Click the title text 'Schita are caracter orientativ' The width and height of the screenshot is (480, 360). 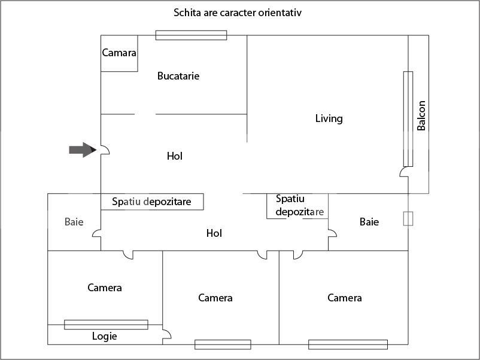237,12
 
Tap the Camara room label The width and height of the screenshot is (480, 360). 119,53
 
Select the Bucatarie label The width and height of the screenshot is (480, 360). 178,76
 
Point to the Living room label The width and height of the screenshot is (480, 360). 329,118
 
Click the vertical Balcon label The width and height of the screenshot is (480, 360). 421,115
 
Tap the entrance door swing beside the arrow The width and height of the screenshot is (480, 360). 105,150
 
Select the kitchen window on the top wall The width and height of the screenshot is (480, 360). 191,35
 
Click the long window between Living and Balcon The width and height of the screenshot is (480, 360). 408,119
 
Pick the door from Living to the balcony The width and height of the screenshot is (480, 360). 404,173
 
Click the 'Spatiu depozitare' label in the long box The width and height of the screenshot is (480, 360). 151,202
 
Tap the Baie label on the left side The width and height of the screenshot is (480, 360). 74,222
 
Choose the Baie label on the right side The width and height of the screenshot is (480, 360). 369,222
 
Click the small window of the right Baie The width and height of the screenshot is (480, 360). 408,218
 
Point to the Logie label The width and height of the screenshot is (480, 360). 104,336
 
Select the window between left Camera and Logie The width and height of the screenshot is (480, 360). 106,324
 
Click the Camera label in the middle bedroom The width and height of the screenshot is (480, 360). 215,298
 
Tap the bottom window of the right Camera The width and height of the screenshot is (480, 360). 348,344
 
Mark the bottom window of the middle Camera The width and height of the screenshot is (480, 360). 222,344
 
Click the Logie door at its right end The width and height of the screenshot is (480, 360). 166,336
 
